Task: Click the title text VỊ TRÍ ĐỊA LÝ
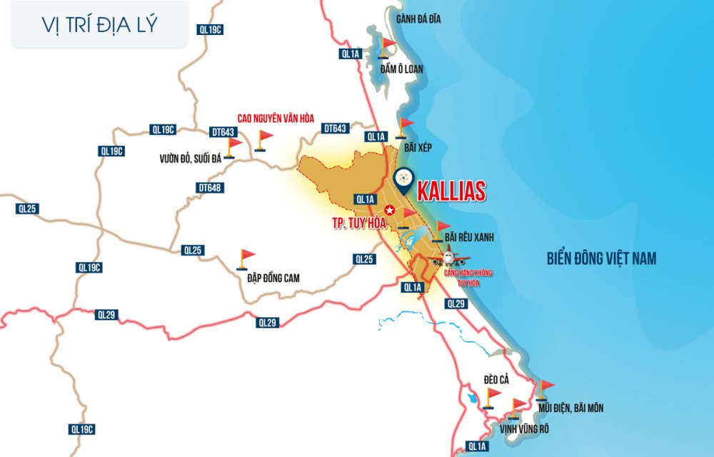[100, 24]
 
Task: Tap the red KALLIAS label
[451, 191]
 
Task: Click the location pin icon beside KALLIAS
[403, 180]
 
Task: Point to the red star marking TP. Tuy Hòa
[389, 210]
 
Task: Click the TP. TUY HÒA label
[358, 223]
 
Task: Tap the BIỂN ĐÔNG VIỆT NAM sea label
[600, 258]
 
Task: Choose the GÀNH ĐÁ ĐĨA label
[418, 19]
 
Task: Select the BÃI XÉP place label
[418, 146]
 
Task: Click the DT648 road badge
[208, 188]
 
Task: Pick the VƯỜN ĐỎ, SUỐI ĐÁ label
[191, 159]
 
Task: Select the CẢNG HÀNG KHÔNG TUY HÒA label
[468, 278]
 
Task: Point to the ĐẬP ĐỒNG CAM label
[268, 278]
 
